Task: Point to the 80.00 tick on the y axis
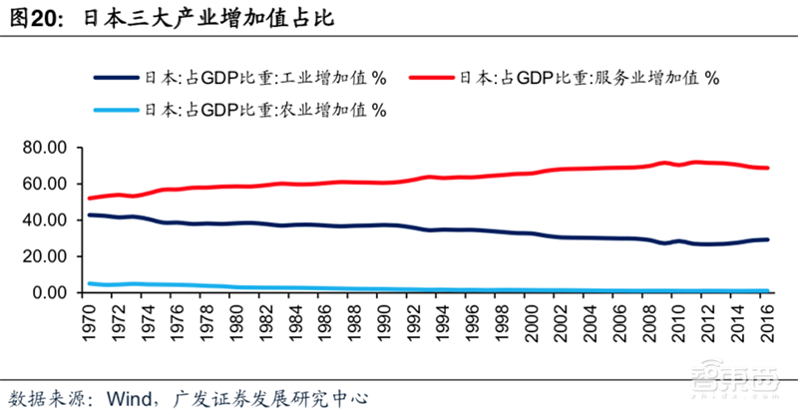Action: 47,148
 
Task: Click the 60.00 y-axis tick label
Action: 47,184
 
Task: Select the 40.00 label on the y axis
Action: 47,220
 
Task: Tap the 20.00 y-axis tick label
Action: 47,256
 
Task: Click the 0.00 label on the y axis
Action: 51,293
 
